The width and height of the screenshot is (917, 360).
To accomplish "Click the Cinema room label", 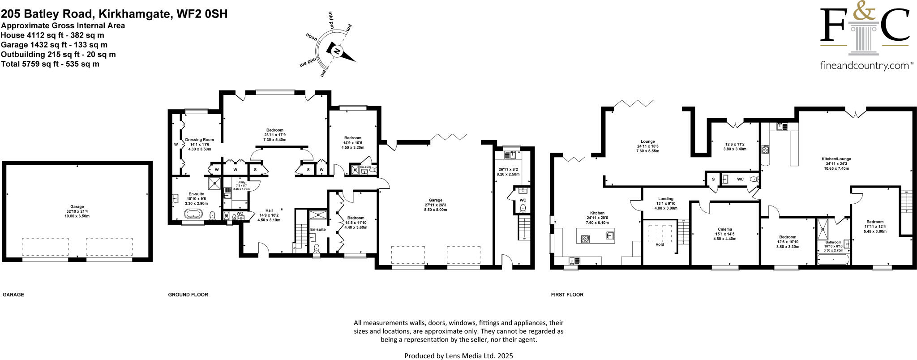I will point(724,229).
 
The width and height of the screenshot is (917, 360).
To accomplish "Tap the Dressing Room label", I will point(199,140).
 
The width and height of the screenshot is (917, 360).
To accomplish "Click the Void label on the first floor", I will point(660,244).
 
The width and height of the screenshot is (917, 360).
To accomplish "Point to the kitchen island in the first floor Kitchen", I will point(596,235).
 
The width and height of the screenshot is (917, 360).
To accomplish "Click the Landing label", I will point(666,199).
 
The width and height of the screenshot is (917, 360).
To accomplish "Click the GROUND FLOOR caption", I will point(188,295).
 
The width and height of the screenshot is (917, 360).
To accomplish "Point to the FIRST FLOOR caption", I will point(567,295).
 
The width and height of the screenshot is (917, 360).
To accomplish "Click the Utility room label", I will point(241,183).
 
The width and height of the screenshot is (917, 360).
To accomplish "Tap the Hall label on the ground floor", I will point(269,210).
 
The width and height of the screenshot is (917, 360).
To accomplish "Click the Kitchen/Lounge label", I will point(836,159).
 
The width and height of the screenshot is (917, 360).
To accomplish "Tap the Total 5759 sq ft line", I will point(50,64).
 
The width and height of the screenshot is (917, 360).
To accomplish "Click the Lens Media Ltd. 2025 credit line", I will point(458,356).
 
